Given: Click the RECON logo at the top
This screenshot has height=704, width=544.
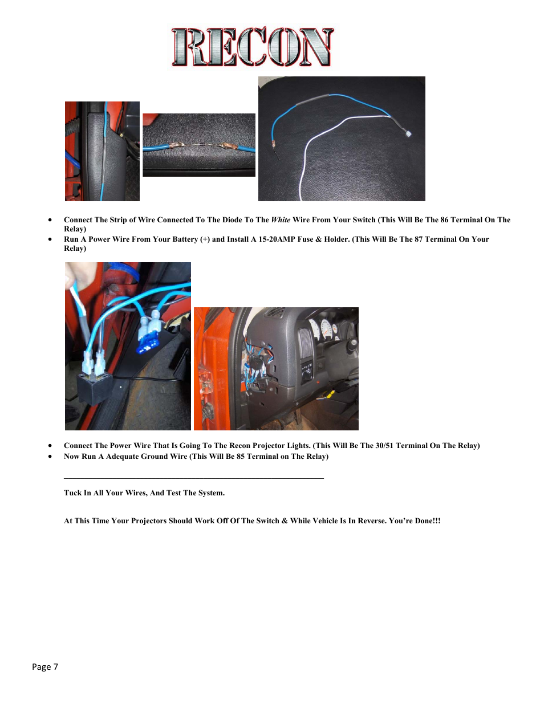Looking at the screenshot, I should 252,47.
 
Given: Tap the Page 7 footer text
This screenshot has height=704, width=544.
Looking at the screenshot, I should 45,667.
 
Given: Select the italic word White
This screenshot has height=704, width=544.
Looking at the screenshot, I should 281,220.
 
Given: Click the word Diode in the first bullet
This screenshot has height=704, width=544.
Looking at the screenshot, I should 232,220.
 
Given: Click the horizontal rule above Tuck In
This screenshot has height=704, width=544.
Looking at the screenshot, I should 194,478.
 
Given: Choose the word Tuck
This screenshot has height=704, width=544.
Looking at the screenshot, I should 73,493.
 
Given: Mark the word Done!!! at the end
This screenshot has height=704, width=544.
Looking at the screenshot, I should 428,521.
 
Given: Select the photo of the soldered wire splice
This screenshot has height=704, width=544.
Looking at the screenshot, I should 199,145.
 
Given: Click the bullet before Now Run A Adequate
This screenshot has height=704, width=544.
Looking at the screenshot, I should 50,457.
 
